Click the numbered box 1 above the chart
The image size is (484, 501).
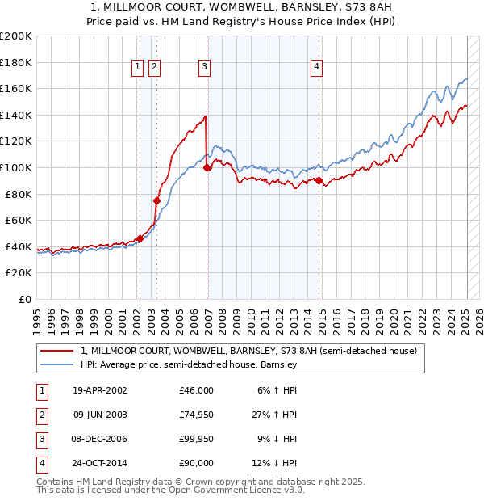pos(138,67)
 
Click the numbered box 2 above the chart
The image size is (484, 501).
pos(154,67)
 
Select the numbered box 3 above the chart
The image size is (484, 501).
pos(205,67)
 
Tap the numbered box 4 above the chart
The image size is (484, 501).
pos(317,67)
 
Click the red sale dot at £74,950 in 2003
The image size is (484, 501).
pos(156,200)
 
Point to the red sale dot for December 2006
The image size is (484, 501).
pos(207,167)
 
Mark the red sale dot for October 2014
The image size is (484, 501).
pos(319,180)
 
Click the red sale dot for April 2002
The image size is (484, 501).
pos(140,238)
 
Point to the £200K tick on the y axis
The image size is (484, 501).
pos(16,36)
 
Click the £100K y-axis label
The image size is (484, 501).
pos(16,167)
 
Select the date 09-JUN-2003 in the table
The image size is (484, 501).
pos(100,415)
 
